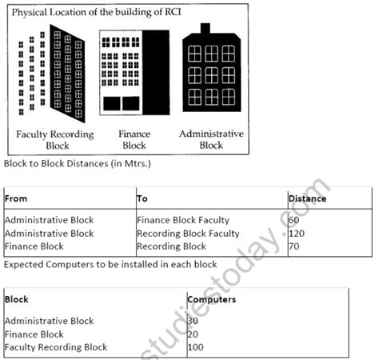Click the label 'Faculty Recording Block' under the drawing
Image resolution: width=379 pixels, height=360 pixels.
tap(54, 140)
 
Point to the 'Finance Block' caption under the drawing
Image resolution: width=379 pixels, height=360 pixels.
tap(133, 140)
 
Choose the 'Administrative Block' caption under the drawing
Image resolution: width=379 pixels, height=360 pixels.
tap(211, 140)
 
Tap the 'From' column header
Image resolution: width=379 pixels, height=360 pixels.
tap(18, 198)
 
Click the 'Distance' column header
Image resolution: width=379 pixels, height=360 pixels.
tap(307, 198)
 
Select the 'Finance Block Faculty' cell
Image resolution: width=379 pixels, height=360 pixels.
tap(184, 219)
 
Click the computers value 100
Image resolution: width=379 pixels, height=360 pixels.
tap(197, 347)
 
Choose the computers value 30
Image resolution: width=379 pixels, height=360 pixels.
tap(193, 321)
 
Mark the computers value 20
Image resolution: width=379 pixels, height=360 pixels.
tap(193, 334)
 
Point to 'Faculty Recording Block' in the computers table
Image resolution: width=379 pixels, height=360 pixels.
tap(55, 347)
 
